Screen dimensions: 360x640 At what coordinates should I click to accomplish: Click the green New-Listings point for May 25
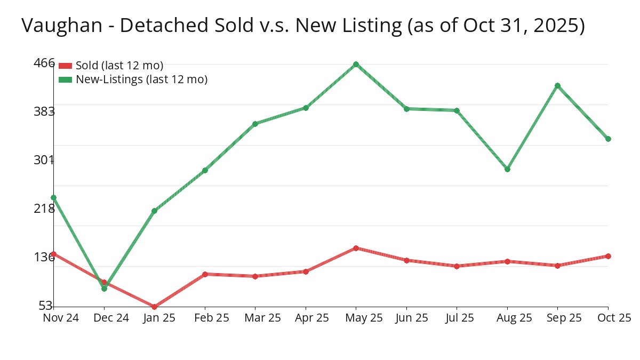point(356,64)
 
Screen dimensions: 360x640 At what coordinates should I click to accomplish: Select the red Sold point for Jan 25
point(154,307)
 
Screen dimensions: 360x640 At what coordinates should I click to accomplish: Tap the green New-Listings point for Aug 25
point(507,169)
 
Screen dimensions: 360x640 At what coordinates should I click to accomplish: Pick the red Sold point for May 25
point(356,248)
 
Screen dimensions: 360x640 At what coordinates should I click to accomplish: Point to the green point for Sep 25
point(557,85)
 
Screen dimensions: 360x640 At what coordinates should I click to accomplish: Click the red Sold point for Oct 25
point(608,256)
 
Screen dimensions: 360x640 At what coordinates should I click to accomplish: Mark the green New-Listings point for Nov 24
point(53,197)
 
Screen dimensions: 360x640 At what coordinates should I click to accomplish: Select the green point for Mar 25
point(255,124)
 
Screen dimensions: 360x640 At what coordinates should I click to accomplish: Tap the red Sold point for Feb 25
point(205,274)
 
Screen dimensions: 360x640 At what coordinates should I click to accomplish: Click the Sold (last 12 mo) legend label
point(119,66)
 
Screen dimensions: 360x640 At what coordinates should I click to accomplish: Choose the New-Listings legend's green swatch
point(65,79)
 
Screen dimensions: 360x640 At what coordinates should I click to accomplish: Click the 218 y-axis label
point(44,208)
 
